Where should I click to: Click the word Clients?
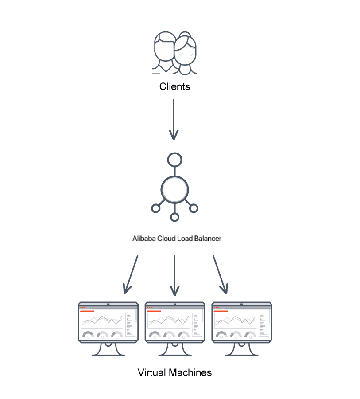174,86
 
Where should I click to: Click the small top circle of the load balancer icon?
174,160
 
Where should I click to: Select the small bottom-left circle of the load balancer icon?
155,207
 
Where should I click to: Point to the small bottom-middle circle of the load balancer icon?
174,217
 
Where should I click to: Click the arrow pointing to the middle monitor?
174,275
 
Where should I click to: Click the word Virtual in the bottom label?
152,372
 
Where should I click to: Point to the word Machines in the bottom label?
190,372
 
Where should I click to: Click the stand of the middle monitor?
175,349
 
